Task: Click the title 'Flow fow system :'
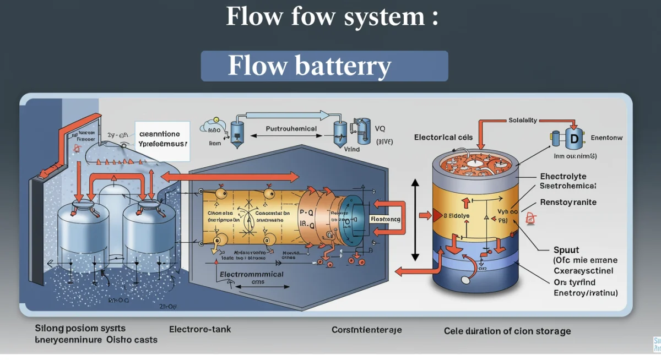point(332,17)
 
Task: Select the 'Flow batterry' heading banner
point(324,66)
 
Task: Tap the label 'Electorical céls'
point(443,137)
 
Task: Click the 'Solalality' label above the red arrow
point(523,120)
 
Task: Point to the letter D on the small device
point(573,139)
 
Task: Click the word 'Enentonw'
point(606,138)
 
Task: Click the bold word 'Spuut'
point(566,249)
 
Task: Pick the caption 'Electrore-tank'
point(200,329)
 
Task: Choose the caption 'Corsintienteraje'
point(366,330)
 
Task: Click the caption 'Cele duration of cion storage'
point(507,331)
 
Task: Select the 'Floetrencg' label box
point(386,219)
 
